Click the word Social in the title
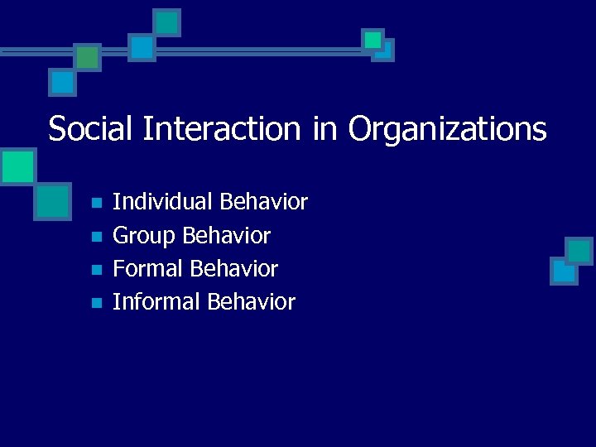92,128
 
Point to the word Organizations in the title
447,129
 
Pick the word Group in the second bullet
144,236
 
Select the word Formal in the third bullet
148,269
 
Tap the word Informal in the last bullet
156,302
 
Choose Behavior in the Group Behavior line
226,236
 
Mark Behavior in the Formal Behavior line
233,269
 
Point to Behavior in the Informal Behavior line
251,302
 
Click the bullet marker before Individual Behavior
96,203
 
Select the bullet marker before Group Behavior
96,237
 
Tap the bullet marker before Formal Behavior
96,270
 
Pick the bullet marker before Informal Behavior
96,303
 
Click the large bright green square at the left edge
17,166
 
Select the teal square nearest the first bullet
52,200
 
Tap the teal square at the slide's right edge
579,251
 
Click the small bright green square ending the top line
373,40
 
